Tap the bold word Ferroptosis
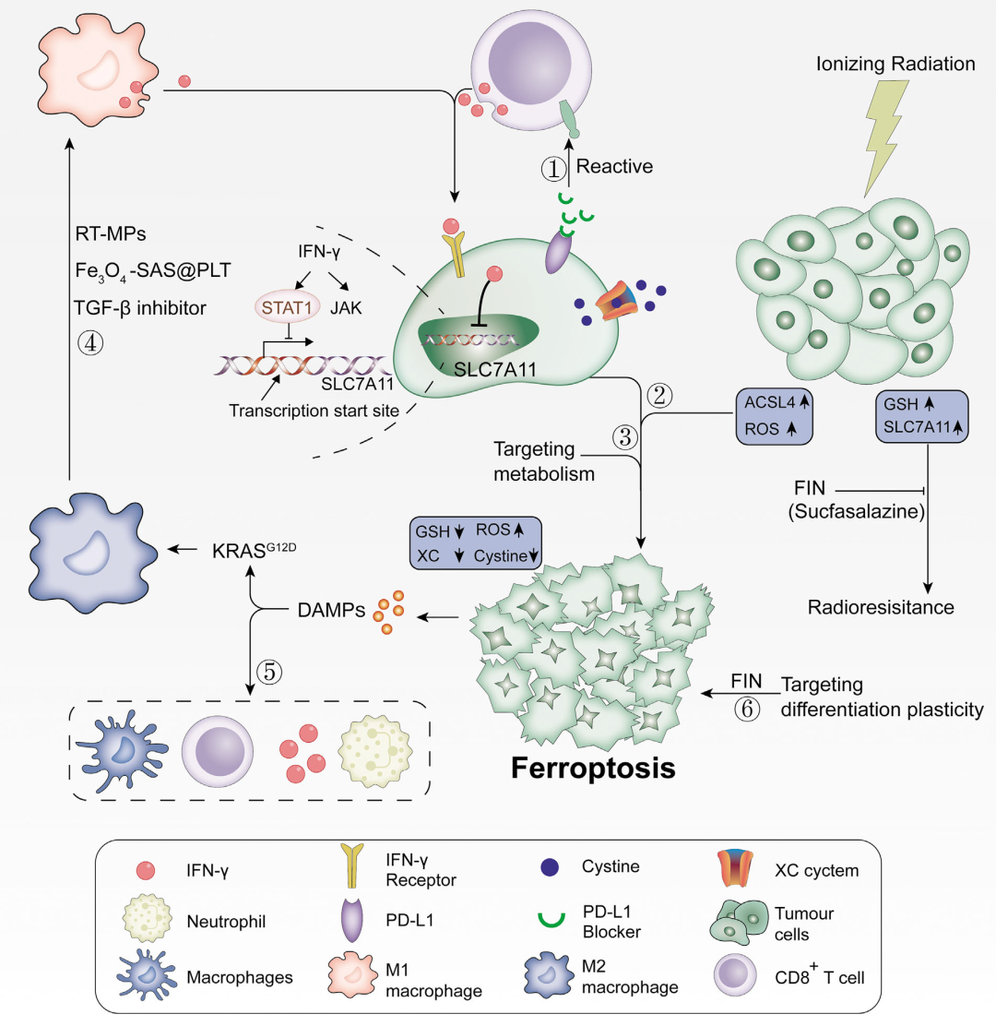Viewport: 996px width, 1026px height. [592, 769]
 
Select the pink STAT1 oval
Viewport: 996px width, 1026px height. [287, 307]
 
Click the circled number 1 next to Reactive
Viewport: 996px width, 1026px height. [553, 169]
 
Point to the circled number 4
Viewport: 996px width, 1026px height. [90, 342]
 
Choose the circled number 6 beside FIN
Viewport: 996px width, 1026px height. [747, 709]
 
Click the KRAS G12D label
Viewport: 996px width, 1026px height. [254, 550]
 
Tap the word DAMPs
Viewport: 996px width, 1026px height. [331, 611]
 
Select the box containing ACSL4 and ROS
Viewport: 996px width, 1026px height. [775, 417]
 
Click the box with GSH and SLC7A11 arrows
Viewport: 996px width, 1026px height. [921, 416]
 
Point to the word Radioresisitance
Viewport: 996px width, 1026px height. [880, 607]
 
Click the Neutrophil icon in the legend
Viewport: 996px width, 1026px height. [148, 919]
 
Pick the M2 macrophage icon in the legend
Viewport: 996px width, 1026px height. [549, 975]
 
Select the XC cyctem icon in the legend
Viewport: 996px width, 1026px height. [735, 867]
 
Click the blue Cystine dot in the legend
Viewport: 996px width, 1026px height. [550, 867]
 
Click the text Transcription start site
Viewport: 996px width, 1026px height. [314, 411]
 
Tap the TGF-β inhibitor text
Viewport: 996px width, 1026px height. [140, 307]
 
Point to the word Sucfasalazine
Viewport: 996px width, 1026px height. [857, 511]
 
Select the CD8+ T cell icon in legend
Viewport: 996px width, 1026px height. [735, 975]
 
